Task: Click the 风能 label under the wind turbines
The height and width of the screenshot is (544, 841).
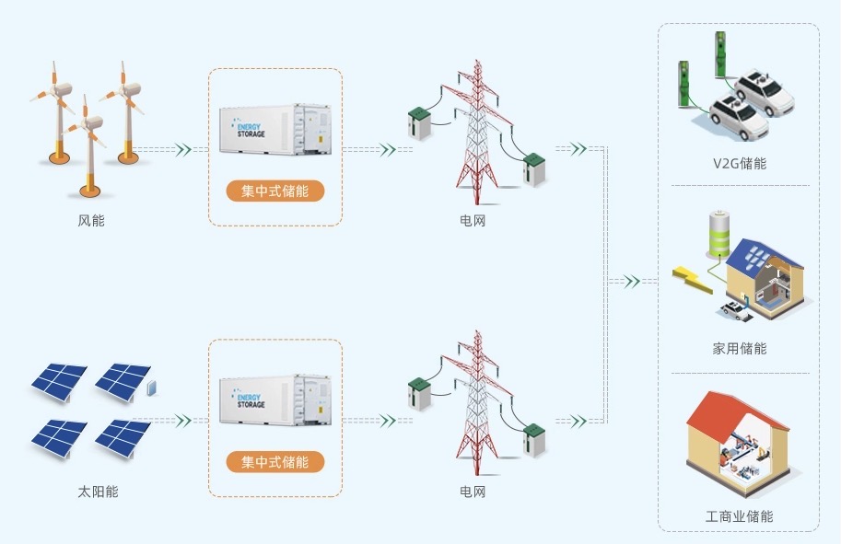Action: (91, 221)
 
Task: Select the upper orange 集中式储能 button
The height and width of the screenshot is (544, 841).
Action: (275, 191)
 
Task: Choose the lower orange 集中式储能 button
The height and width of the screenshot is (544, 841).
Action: (275, 461)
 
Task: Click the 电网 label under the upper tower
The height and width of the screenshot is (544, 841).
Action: (473, 221)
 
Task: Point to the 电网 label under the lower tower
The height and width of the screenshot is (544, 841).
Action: (473, 492)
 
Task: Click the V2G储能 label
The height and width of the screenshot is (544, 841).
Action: (739, 164)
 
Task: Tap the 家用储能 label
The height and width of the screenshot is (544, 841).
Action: (739, 349)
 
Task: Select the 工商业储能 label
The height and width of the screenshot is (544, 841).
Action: (739, 516)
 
